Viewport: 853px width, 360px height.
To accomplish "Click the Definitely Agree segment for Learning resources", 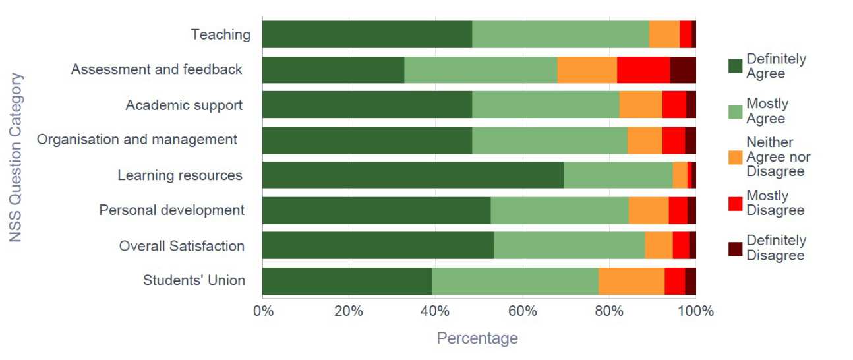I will [x=413, y=175].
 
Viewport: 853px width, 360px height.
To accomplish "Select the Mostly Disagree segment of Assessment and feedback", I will [x=643, y=70].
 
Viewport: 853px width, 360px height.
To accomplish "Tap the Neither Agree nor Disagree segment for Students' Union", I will [x=631, y=281].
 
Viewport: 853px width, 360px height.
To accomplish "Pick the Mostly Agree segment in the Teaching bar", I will [x=560, y=34].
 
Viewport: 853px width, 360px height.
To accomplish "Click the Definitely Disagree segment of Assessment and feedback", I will [x=682, y=70].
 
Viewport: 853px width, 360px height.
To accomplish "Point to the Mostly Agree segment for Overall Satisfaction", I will [x=569, y=245].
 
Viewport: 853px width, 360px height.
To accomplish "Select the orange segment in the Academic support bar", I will [x=641, y=105].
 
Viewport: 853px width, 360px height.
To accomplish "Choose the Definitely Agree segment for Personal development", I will [x=376, y=210].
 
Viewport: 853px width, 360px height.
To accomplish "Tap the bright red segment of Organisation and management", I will [x=673, y=140].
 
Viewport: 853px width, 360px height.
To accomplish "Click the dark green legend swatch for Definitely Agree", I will [x=735, y=66].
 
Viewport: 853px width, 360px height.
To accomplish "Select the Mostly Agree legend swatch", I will [x=735, y=111].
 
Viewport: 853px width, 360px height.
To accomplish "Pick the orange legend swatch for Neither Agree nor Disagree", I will [x=735, y=157].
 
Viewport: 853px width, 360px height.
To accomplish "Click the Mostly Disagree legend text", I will [x=775, y=203].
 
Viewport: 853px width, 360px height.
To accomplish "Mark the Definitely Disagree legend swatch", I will [x=735, y=249].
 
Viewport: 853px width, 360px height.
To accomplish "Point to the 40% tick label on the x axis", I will [x=435, y=311].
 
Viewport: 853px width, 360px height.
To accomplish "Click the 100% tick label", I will [x=695, y=311].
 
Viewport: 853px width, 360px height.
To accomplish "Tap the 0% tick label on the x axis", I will [x=263, y=311].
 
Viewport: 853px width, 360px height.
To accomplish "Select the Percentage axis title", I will [x=477, y=339].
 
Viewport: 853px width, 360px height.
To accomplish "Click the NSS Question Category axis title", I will [x=16, y=157].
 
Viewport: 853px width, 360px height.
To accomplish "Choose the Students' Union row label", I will [x=194, y=281].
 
